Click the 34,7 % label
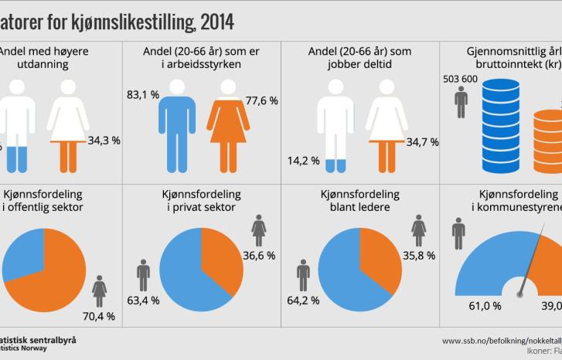[422, 142]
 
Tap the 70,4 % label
[99, 315]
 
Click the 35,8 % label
[420, 256]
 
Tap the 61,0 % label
[485, 306]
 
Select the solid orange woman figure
[226, 124]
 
